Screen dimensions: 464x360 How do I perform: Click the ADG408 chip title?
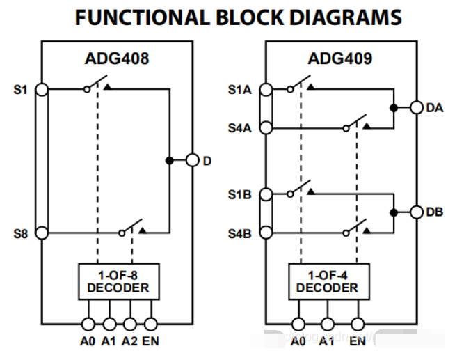coord(117,58)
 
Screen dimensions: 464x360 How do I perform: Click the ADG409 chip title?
coord(340,58)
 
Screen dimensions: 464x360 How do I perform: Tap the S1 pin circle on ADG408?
coord(42,90)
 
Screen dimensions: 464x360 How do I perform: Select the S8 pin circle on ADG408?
coord(42,233)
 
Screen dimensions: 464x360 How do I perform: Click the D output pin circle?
coord(192,160)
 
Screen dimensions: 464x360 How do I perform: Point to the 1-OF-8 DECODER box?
coord(119,281)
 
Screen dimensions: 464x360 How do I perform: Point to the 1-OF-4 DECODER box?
coord(329,281)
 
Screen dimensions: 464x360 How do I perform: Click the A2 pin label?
coord(129,341)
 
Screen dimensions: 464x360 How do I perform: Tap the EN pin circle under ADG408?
coord(151,324)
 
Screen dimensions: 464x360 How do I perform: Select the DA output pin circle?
coord(417,107)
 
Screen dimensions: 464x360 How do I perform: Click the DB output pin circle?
coord(417,212)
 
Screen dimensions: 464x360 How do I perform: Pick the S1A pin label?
coord(240,90)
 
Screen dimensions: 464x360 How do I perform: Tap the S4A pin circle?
coord(266,128)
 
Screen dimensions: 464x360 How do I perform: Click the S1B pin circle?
coord(266,194)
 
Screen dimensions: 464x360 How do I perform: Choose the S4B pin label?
coord(240,234)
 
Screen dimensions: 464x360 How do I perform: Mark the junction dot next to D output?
coord(169,160)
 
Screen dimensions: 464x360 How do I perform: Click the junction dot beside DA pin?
coord(394,108)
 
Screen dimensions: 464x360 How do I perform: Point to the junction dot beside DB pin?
coord(394,212)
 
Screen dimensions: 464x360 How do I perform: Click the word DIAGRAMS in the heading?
coord(345,17)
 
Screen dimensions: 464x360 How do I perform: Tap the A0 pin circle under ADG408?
coord(88,324)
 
